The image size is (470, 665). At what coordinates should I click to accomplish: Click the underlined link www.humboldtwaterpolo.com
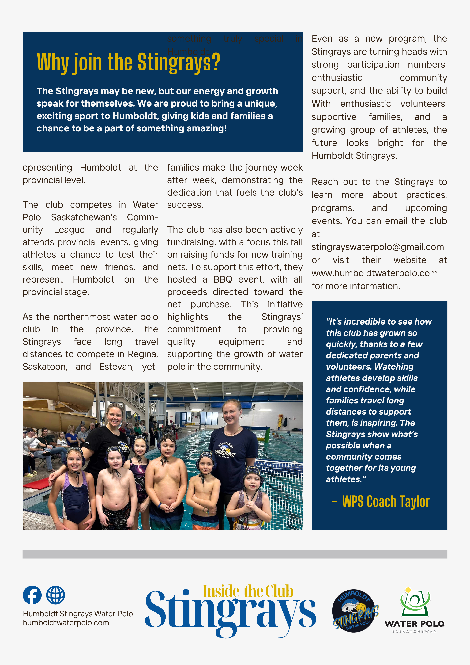374,273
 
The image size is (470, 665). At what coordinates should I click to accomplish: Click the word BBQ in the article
223,279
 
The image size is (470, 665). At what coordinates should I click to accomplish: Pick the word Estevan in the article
116,367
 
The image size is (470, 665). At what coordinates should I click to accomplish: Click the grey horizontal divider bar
235,554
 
